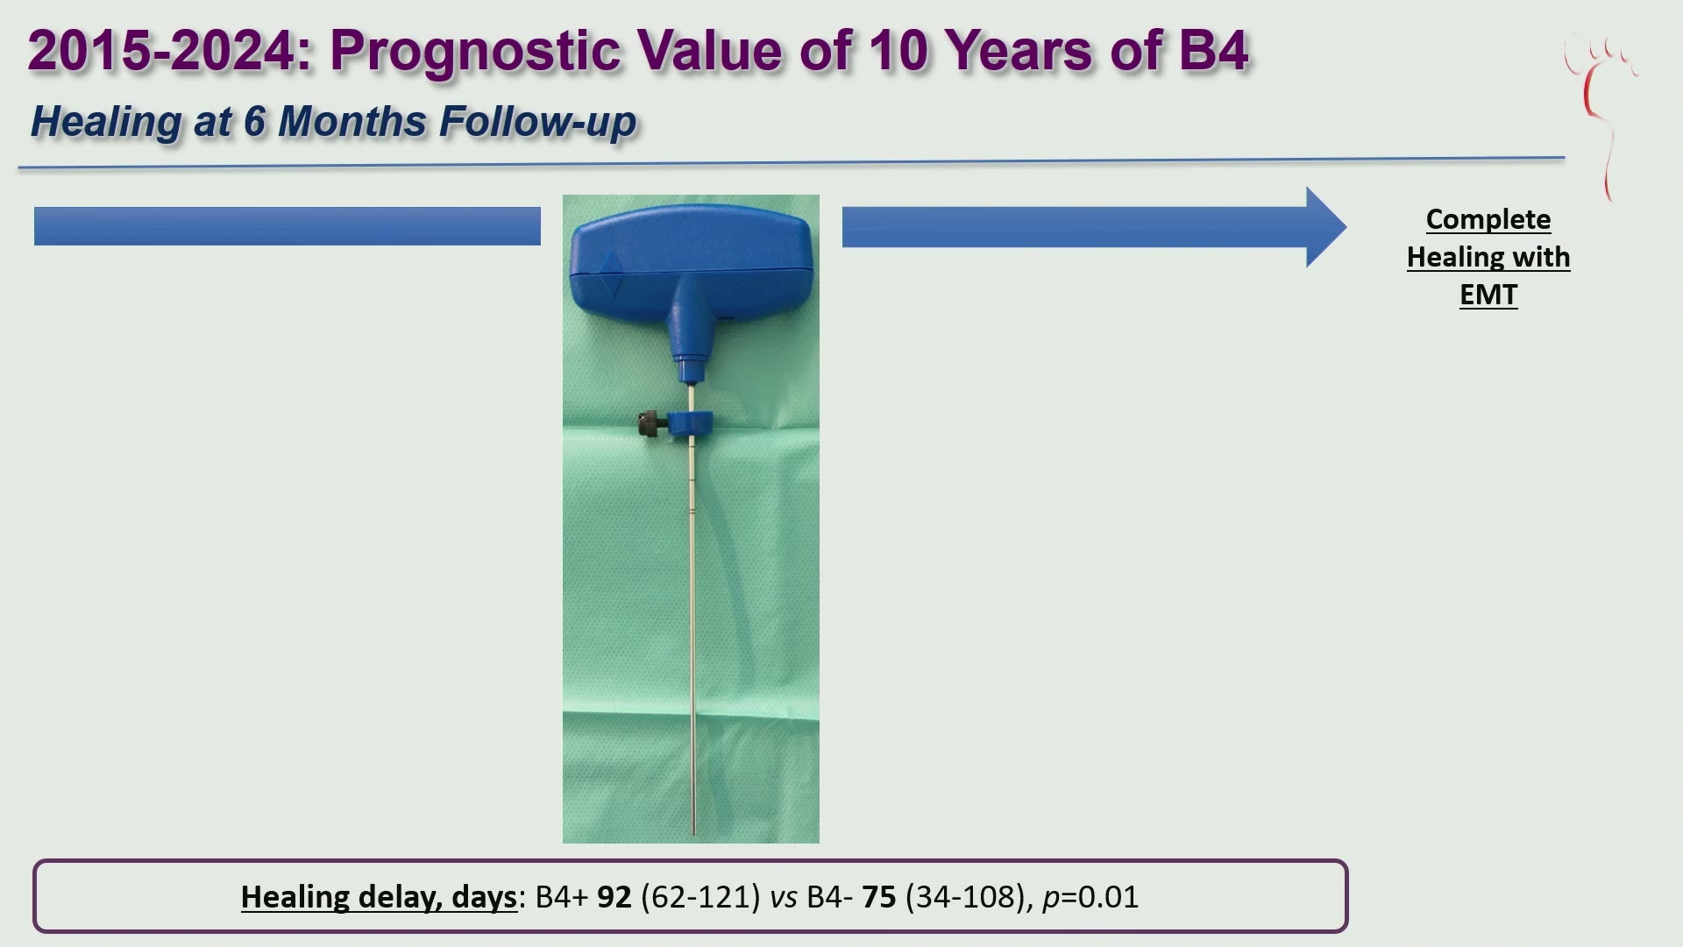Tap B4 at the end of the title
[1213, 49]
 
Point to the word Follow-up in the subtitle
[537, 122]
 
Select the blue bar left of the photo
[288, 226]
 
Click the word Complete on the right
[1488, 219]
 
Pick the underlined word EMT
[1488, 295]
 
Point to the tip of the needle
[694, 834]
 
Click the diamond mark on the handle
[610, 273]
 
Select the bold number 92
[614, 897]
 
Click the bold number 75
[879, 897]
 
